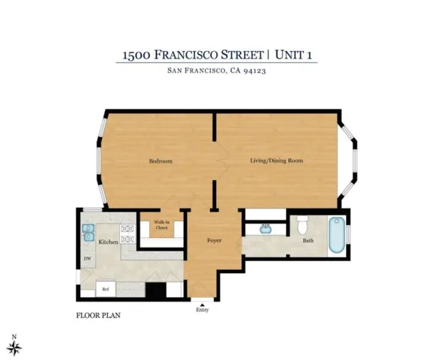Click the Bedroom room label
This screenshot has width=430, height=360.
161,161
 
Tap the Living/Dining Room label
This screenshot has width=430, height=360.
276,161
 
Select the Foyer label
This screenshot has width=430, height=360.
215,241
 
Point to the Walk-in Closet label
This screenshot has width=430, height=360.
161,224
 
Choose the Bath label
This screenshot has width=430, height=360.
308,241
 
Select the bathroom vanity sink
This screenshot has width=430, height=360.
265,228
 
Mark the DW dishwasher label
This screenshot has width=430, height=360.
87,259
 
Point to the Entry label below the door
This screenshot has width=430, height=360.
202,309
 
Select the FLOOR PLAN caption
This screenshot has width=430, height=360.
98,316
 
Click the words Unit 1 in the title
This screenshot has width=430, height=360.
295,55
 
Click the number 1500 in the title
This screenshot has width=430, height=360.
137,55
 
